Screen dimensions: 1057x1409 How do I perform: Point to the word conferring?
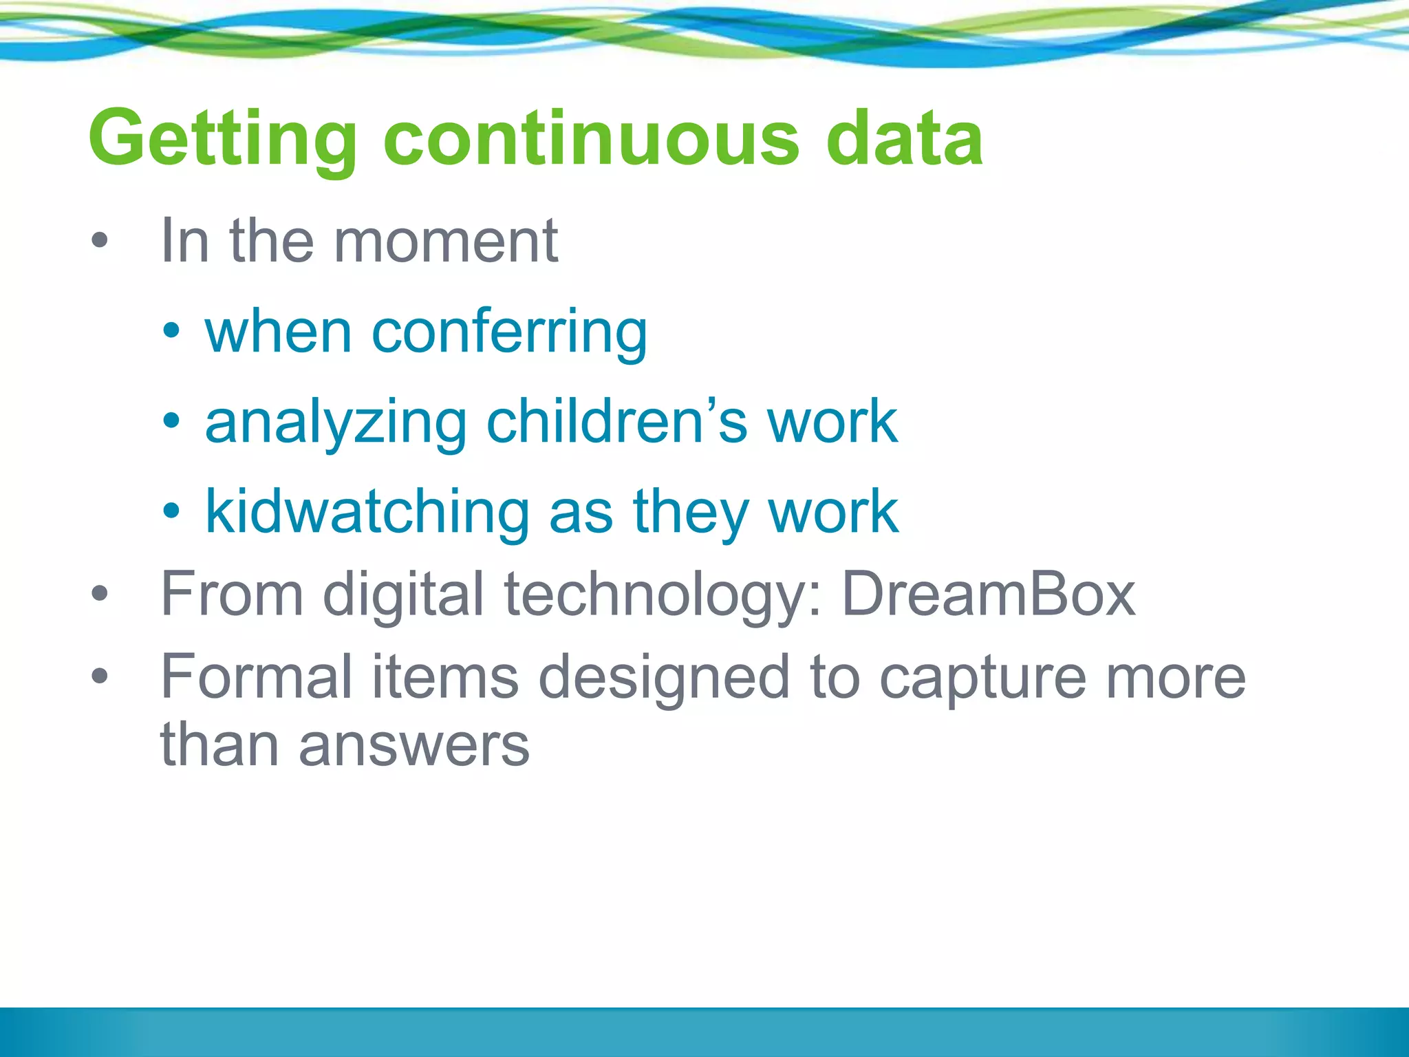tap(509, 332)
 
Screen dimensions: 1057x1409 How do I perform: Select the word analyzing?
tap(336, 423)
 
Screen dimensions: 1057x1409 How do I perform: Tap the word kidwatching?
tap(367, 513)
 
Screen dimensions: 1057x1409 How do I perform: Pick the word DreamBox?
tap(989, 595)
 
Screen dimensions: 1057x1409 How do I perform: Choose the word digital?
tap(404, 595)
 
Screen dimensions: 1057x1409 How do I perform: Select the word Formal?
tap(257, 677)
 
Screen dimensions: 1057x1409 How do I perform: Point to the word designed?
tap(664, 679)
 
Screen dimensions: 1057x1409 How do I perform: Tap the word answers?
tap(414, 746)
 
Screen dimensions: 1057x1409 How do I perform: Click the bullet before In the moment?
tap(100, 240)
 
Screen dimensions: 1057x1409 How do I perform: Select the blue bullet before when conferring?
tap(171, 331)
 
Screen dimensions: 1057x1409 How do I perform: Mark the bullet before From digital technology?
tap(100, 593)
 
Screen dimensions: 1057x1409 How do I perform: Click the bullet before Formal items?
tap(100, 676)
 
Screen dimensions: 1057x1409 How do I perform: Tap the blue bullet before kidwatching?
tap(171, 511)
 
